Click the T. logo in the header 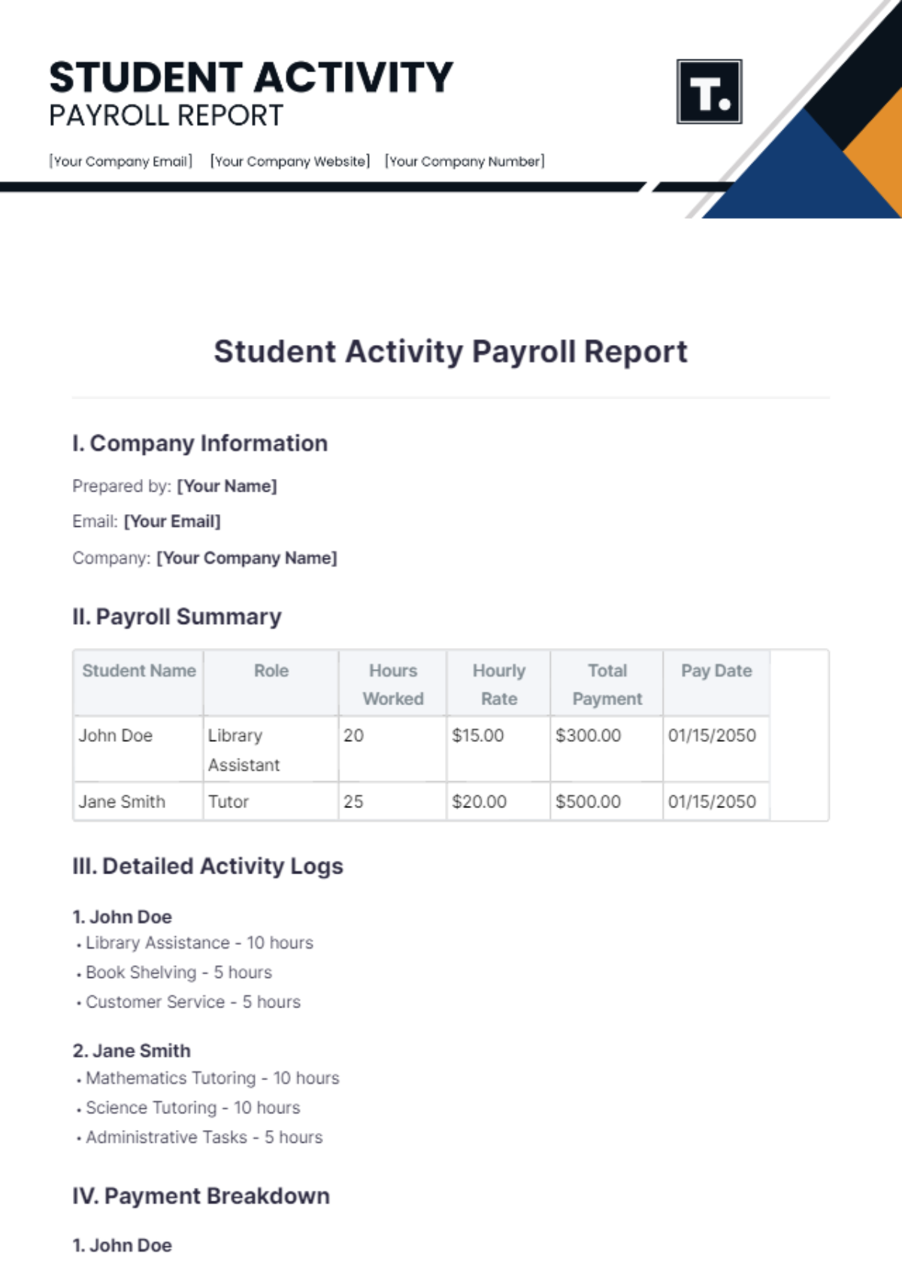[x=709, y=92]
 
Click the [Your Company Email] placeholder [x=121, y=161]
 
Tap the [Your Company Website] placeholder [x=290, y=161]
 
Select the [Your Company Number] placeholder [x=465, y=161]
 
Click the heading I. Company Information [x=200, y=444]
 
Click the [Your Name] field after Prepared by [x=227, y=486]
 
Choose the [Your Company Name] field [x=247, y=559]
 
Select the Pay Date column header [x=716, y=671]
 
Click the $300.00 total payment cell [x=588, y=735]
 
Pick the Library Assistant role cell [x=244, y=750]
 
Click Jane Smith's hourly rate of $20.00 [x=479, y=801]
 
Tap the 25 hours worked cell [x=353, y=801]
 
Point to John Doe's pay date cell [x=712, y=735]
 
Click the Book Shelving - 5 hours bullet [x=178, y=972]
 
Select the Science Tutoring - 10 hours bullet [x=192, y=1107]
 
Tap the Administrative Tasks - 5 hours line [x=204, y=1137]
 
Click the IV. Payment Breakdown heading [x=201, y=1196]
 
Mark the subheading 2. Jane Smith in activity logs [x=132, y=1050]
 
